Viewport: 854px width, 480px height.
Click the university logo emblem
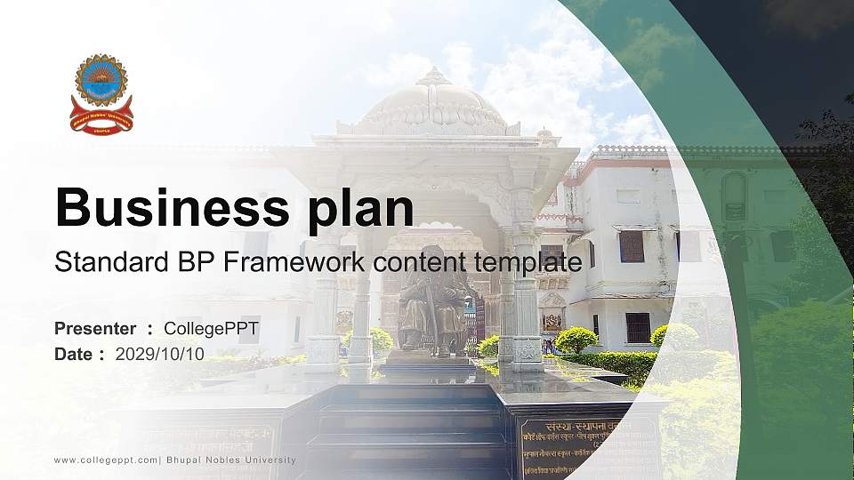tap(101, 93)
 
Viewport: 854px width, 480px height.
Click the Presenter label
tap(95, 329)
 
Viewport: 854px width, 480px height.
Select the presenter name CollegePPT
tap(211, 329)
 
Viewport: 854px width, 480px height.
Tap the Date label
tap(74, 354)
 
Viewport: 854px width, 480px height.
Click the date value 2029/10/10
tap(160, 354)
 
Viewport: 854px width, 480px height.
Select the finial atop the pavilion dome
tap(433, 75)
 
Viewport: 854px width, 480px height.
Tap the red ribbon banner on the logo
tap(101, 117)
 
